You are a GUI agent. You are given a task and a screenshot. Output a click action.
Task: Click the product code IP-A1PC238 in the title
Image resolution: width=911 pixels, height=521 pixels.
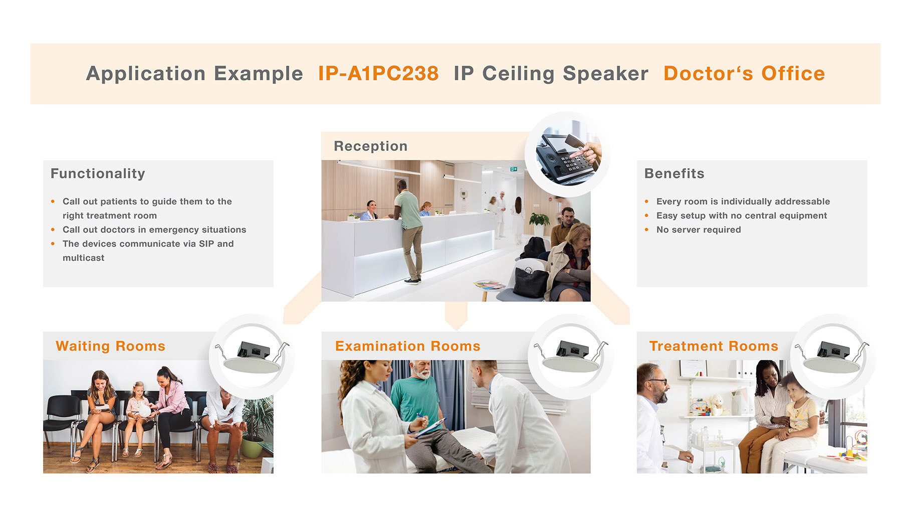(378, 73)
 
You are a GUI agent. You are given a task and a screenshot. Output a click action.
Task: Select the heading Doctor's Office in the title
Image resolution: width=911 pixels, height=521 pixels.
(744, 73)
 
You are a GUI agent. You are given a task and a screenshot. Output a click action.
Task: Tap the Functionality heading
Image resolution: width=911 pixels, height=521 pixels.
(98, 173)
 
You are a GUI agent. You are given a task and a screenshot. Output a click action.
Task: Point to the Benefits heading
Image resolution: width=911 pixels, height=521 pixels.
(674, 173)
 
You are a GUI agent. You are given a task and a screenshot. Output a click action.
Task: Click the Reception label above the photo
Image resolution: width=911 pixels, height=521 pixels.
(370, 146)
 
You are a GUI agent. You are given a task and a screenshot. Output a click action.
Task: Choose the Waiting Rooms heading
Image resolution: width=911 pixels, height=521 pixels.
(110, 346)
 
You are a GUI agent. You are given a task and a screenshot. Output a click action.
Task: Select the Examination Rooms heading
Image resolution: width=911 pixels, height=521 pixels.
(407, 346)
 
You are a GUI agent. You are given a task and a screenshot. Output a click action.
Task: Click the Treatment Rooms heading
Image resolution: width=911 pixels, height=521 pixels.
(714, 346)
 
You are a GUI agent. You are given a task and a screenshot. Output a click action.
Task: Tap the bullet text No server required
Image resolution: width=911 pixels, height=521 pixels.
(699, 230)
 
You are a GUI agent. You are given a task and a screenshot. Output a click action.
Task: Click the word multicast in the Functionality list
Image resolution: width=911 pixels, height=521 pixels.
(84, 258)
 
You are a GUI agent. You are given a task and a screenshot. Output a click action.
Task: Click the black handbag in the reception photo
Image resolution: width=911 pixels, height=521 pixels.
(530, 282)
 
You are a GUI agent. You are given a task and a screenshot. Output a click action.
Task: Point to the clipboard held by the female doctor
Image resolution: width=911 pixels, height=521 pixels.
(430, 428)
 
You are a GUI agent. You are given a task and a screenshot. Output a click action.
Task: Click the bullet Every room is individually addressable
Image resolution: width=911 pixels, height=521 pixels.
(743, 202)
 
